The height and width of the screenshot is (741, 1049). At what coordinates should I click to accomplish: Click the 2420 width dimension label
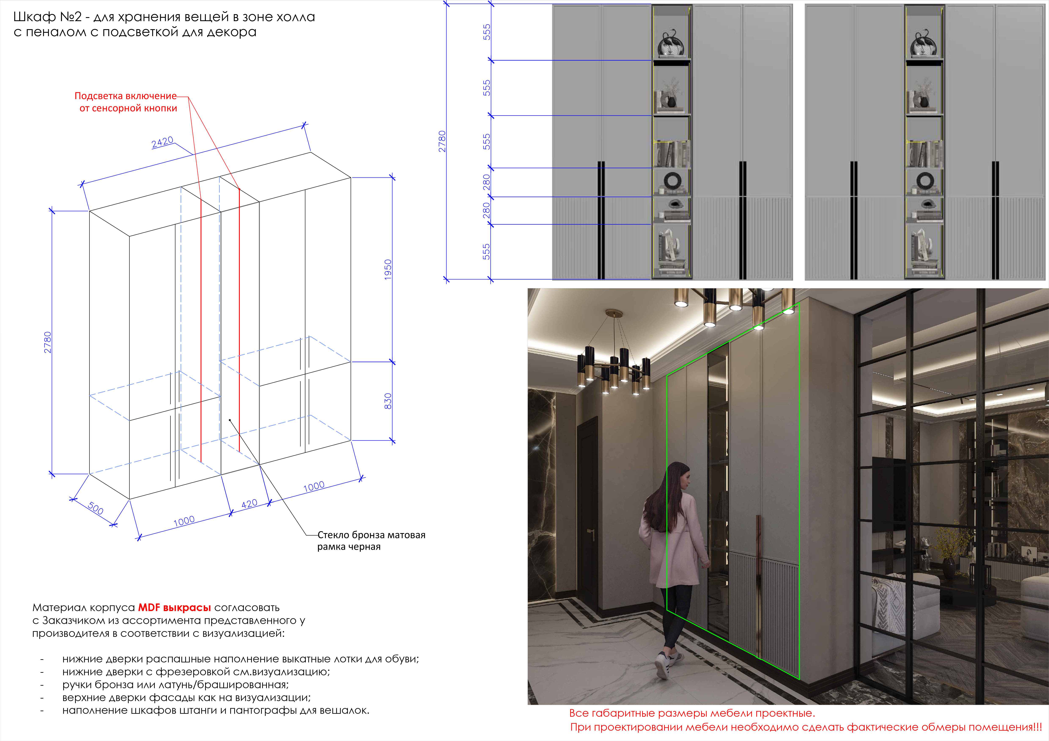point(162,142)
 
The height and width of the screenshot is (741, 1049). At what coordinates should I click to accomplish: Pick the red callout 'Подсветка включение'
point(126,96)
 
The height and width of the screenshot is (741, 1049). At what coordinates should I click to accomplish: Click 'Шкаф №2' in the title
point(47,17)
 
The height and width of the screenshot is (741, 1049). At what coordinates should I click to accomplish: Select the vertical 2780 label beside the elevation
point(442,142)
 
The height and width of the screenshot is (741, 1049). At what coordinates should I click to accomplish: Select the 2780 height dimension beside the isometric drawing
point(48,342)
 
